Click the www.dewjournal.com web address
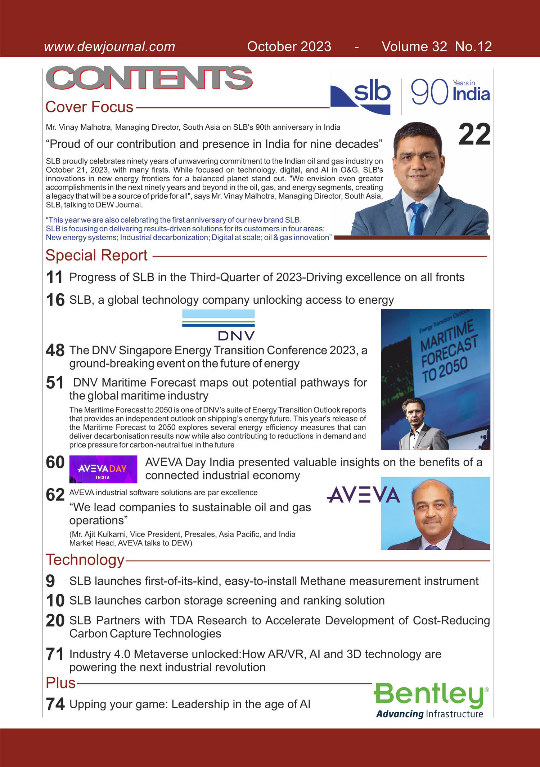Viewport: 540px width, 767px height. [109, 47]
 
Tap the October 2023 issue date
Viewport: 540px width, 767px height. [289, 47]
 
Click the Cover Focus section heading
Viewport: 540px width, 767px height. [89, 107]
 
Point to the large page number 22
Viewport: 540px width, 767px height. [474, 134]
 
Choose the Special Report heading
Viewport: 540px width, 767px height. [96, 255]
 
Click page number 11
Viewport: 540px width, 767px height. [54, 277]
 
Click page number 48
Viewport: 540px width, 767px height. [55, 351]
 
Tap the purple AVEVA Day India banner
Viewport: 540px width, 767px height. [103, 469]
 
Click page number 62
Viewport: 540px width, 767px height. [55, 495]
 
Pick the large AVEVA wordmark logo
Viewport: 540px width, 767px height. [363, 495]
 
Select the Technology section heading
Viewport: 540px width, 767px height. [85, 560]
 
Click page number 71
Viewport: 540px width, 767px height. [55, 654]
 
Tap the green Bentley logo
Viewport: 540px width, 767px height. [431, 700]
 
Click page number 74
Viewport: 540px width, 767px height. [55, 704]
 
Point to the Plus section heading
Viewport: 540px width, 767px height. [60, 683]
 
